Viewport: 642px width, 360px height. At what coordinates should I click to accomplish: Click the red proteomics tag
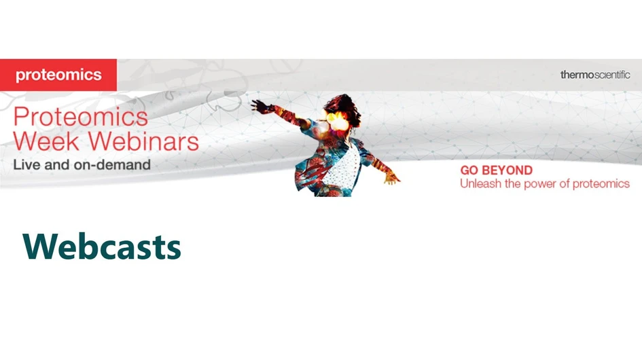tap(58, 75)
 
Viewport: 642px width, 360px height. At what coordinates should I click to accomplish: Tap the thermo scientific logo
tap(594, 75)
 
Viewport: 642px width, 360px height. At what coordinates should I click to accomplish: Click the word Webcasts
tap(102, 247)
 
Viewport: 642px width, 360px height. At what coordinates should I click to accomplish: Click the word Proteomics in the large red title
tap(81, 117)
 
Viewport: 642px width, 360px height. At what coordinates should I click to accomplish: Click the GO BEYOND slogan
tap(496, 170)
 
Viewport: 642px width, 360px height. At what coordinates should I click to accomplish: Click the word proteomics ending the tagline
tap(602, 184)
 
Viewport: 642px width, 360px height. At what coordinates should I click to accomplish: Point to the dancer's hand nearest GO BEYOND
tap(392, 179)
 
